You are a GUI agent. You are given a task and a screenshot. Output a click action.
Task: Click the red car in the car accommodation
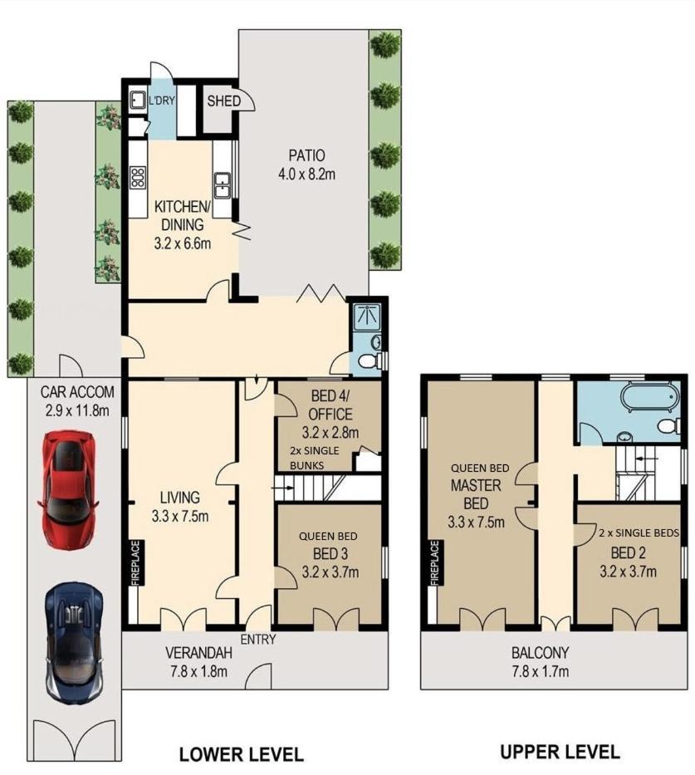click(68, 490)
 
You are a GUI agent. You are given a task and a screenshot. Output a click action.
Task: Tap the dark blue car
click(74, 644)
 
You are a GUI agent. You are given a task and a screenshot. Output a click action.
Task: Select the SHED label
click(223, 101)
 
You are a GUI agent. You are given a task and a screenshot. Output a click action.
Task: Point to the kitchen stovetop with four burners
click(138, 178)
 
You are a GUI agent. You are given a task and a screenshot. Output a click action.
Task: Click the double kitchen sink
click(223, 185)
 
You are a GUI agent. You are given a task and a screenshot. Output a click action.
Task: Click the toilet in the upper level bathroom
click(668, 425)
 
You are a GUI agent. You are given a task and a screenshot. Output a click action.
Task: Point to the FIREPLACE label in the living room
click(136, 563)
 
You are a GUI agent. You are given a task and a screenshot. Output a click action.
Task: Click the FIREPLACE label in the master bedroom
click(434, 563)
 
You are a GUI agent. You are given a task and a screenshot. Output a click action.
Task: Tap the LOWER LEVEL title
click(241, 754)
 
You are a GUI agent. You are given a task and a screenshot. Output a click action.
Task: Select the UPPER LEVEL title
click(560, 752)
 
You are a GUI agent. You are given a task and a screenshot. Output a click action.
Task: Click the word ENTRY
click(258, 639)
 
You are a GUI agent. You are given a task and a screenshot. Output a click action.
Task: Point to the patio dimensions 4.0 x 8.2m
click(306, 174)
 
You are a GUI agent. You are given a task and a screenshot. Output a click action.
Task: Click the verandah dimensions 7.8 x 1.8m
click(196, 671)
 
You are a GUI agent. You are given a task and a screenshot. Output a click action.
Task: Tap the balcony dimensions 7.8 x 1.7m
click(540, 671)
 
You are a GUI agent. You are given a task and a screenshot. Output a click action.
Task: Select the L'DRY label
click(162, 101)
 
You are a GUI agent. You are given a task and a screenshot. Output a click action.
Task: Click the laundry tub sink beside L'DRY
click(136, 101)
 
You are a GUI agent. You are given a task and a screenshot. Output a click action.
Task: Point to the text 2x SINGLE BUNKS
click(314, 458)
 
